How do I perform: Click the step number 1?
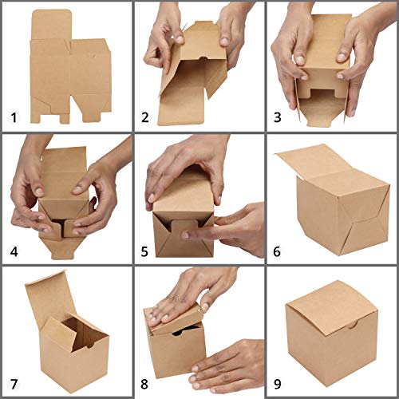(x=14, y=117)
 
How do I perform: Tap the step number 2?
(x=145, y=117)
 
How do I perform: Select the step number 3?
(x=278, y=117)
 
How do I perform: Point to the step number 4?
(x=14, y=251)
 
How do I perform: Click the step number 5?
(x=144, y=251)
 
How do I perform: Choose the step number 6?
(x=277, y=251)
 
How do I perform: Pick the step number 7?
(x=14, y=384)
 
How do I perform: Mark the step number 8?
(x=144, y=384)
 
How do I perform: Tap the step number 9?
(x=277, y=384)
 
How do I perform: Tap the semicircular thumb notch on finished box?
(x=353, y=326)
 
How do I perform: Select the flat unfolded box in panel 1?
(x=70, y=66)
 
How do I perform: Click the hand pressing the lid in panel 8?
(x=184, y=295)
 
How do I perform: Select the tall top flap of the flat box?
(x=51, y=25)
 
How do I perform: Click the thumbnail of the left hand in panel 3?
(x=300, y=60)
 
